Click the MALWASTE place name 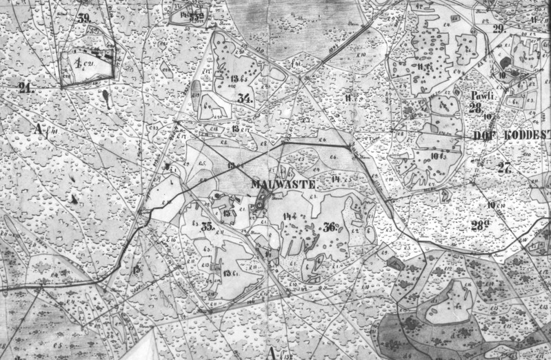[283, 185]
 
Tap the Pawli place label [479, 96]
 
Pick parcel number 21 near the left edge [27, 86]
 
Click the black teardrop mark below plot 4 [104, 97]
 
